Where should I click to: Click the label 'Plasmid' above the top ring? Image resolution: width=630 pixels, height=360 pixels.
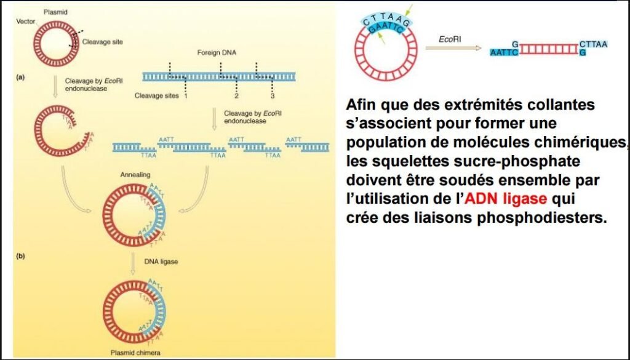[x=55, y=12]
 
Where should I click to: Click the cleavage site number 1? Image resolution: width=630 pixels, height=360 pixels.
[x=185, y=96]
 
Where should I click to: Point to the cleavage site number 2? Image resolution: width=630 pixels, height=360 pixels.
[x=236, y=96]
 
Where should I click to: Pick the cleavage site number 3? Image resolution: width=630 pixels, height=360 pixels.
[x=272, y=96]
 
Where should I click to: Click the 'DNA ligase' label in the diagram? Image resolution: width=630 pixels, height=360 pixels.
[x=161, y=262]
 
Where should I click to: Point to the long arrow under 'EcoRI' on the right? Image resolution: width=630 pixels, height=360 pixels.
[x=452, y=49]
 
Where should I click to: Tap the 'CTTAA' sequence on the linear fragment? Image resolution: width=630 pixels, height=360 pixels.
[x=593, y=44]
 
